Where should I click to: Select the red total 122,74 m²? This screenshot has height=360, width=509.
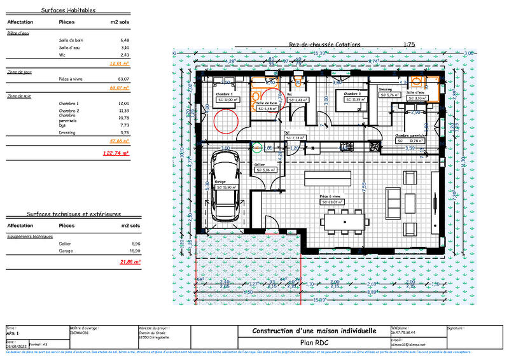point(116,153)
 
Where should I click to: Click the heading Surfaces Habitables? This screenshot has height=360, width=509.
point(68,11)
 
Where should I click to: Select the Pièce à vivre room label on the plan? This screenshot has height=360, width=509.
point(330,197)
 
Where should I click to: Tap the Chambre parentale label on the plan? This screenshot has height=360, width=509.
point(410,135)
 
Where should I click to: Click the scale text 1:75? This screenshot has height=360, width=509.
point(409,45)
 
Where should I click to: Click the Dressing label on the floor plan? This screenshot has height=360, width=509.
point(385,90)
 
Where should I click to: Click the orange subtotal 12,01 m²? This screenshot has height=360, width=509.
point(119,64)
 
